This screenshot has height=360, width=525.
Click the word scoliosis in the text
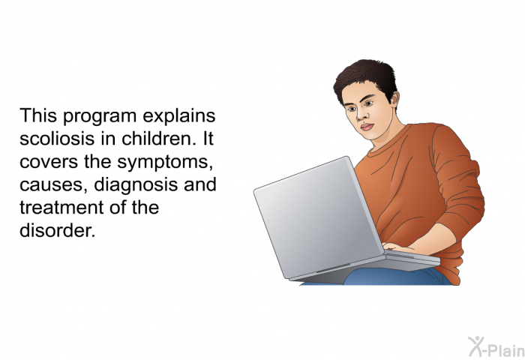(57, 138)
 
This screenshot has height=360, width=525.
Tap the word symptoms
(165, 163)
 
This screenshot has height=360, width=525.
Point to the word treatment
(57, 208)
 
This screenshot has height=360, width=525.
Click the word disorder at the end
(58, 230)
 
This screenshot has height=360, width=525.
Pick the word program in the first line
(100, 117)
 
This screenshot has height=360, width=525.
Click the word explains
(179, 117)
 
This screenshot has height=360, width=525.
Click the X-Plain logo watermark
(496, 347)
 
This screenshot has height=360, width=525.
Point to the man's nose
(360, 114)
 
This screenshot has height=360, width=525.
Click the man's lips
(367, 127)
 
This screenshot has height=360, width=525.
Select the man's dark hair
(366, 78)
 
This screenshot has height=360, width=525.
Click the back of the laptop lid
(318, 217)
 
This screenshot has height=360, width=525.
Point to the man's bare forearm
(435, 238)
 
